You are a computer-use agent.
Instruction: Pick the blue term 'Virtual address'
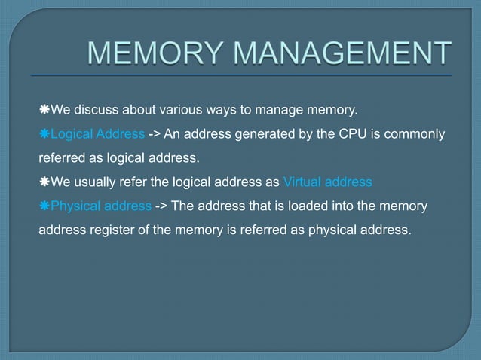327,182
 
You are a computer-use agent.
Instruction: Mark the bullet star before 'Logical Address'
44,135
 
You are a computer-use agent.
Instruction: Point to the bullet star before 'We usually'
44,182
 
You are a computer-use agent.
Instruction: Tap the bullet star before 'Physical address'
44,206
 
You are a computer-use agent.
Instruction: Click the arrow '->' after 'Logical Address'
153,135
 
